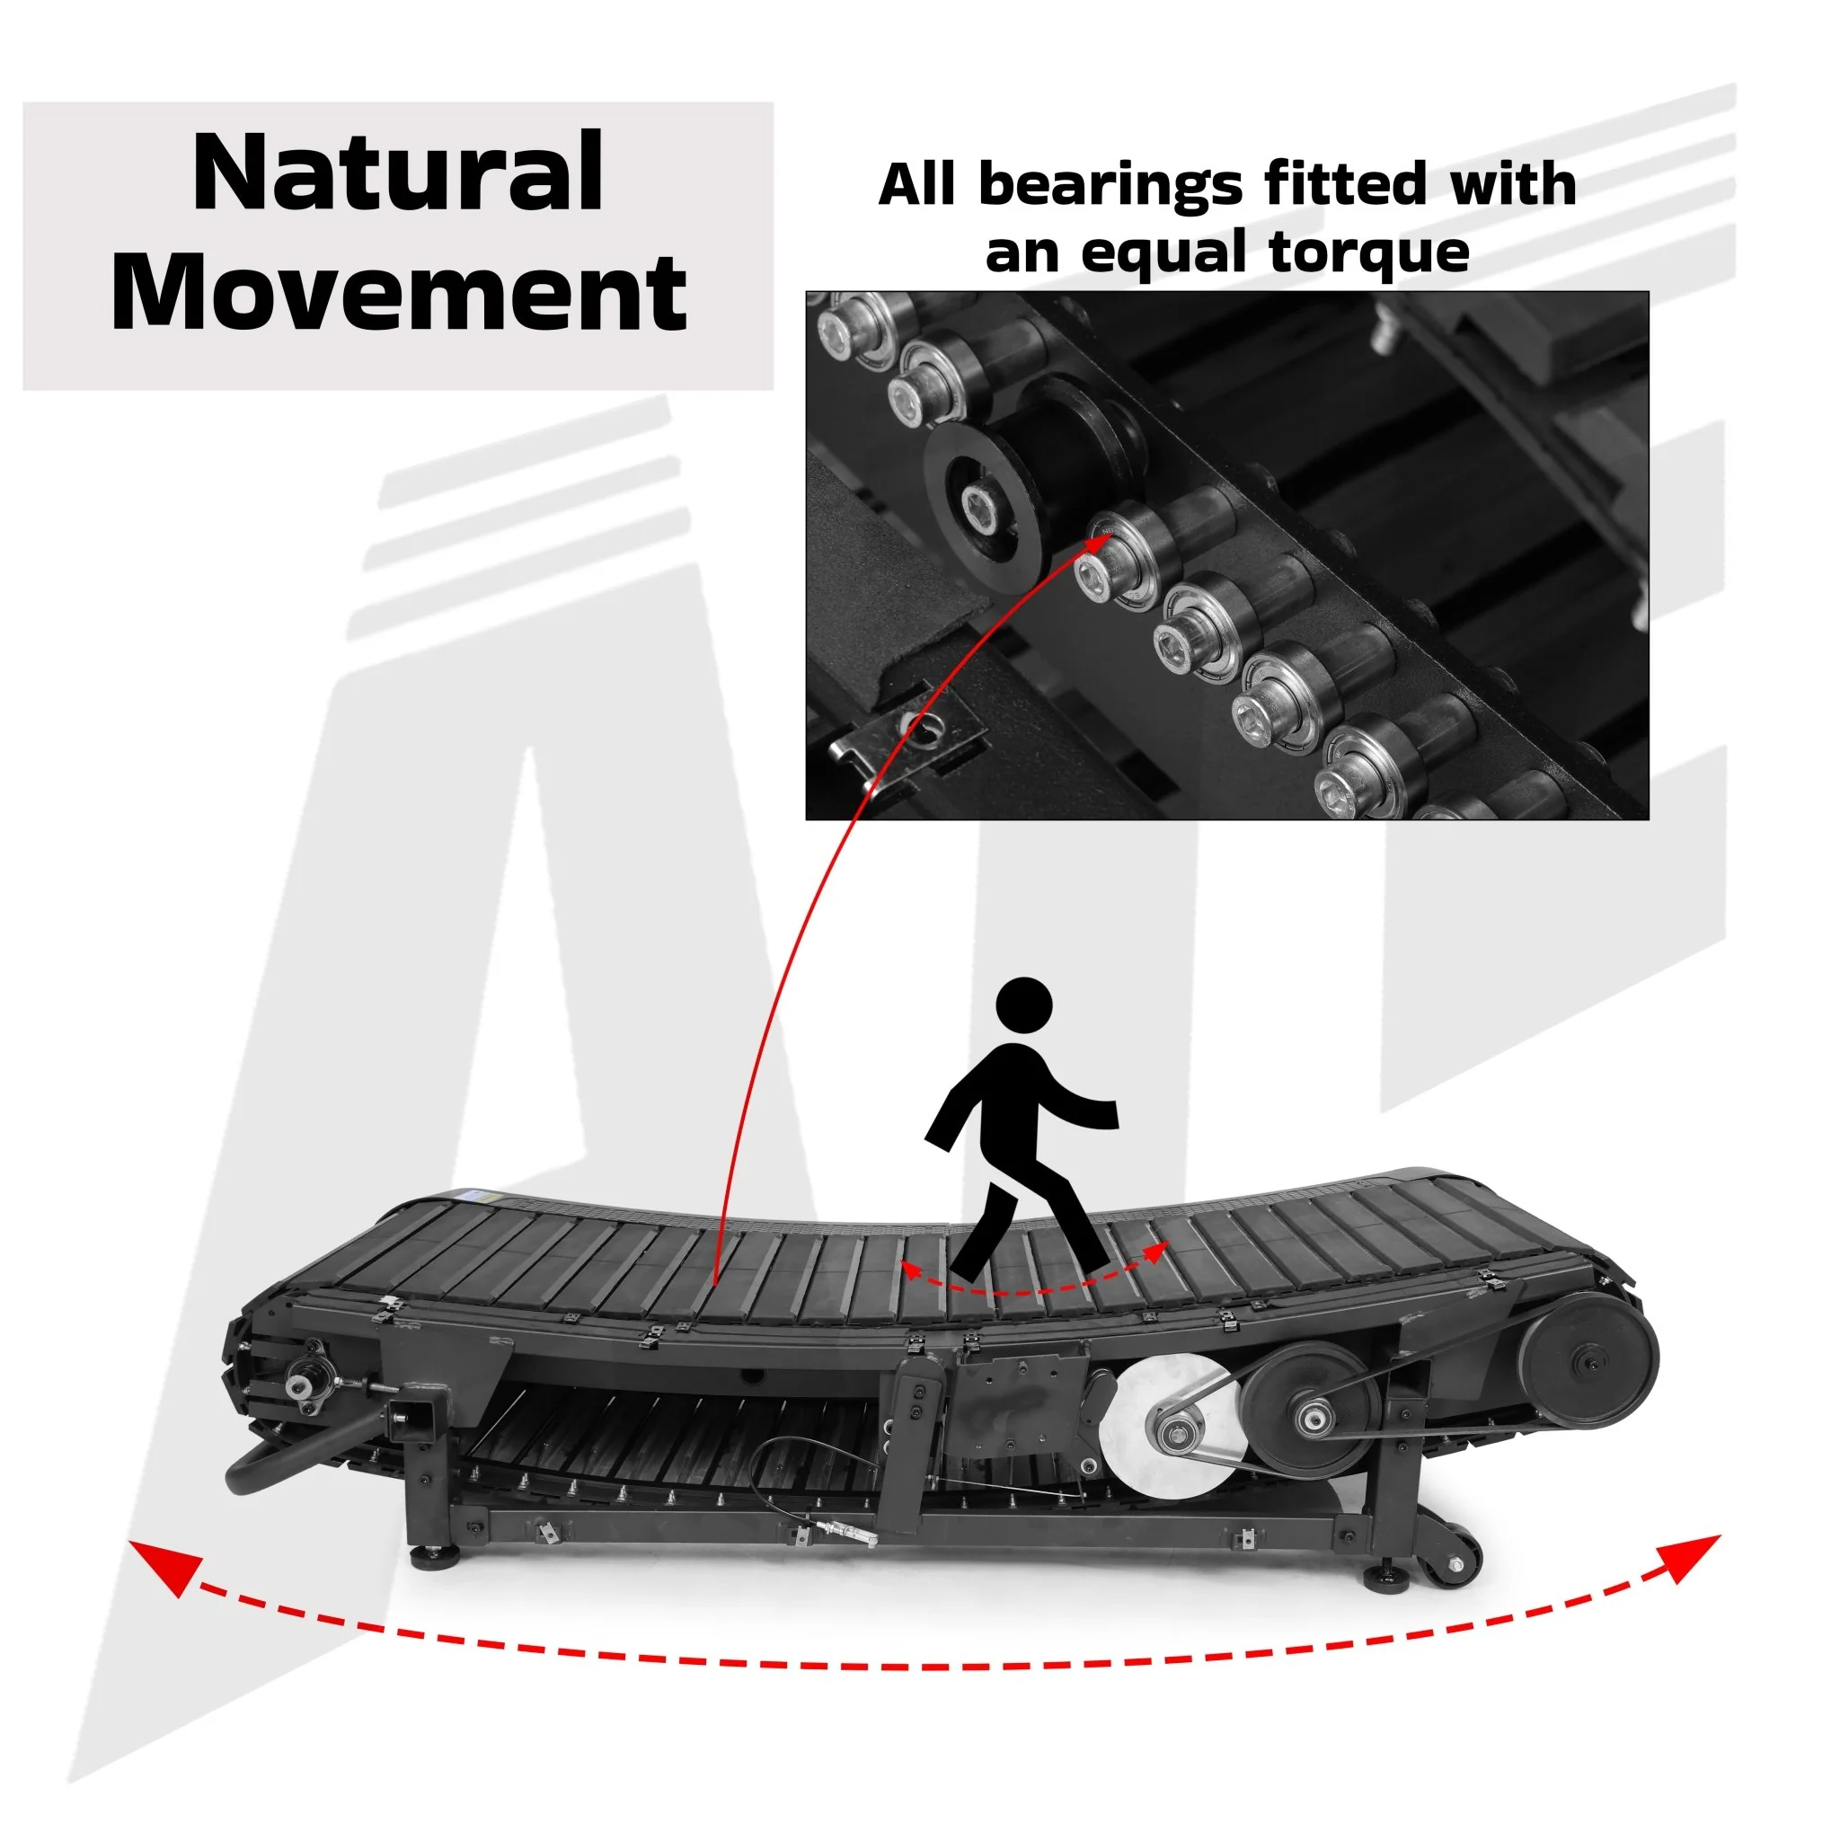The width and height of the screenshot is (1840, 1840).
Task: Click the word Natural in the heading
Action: point(398,172)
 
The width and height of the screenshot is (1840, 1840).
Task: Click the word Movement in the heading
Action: point(399,291)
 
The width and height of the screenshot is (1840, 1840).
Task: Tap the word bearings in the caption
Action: point(1110,187)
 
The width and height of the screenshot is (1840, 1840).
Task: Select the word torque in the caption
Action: point(1369,253)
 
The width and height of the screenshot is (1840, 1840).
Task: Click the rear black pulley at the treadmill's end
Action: point(1588,1363)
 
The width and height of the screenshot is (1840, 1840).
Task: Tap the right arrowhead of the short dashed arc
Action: point(1155,1253)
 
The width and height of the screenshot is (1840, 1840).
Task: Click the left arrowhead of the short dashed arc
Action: point(916,1269)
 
